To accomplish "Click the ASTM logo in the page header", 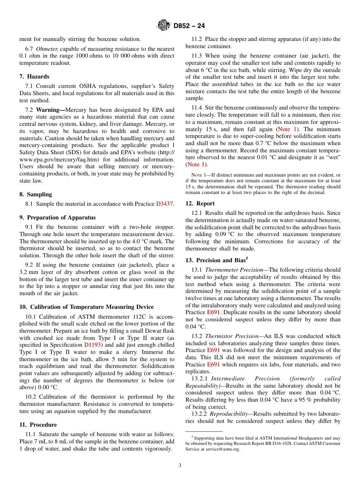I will click(x=164, y=25).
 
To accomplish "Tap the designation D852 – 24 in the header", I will click(x=189, y=26).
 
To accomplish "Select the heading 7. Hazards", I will click(x=34, y=77).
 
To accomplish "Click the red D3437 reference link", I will click(x=164, y=204).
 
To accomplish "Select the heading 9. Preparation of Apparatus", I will click(x=57, y=218).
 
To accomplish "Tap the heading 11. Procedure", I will click(x=38, y=425).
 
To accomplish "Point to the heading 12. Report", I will click(x=200, y=203).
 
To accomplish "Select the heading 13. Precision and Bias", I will click(x=215, y=260).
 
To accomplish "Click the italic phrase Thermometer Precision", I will click(x=234, y=270).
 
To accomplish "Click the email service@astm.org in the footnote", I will click(x=222, y=449).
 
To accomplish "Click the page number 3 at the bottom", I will click(x=180, y=466).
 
